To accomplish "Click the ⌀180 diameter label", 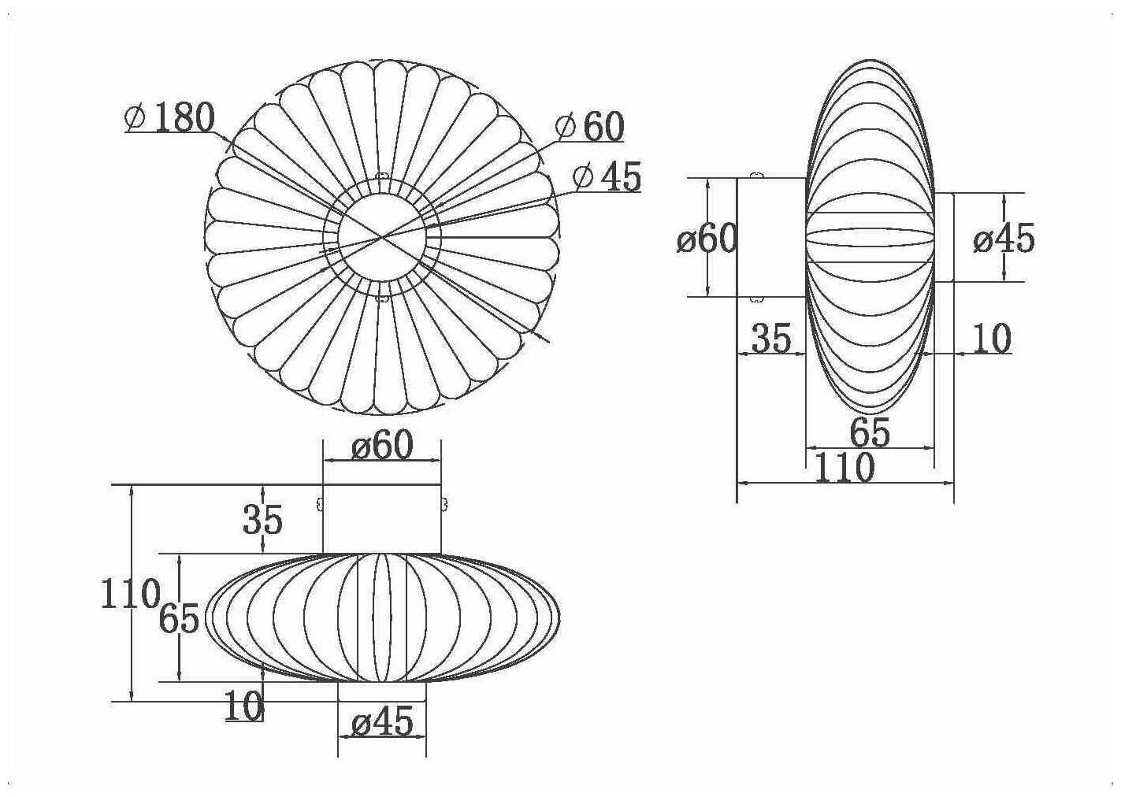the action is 170,118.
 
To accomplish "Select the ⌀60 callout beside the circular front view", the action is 590,126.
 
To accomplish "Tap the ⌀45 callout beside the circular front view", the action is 607,176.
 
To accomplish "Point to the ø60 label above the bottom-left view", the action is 382,447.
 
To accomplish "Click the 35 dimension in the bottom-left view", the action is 262,520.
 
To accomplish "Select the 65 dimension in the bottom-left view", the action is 179,619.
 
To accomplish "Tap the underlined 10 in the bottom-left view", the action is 243,706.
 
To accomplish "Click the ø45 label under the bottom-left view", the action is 382,721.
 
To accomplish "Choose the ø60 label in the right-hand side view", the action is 707,239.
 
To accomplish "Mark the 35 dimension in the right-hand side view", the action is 770,339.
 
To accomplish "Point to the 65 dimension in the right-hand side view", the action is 870,432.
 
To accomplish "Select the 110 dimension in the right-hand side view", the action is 844,469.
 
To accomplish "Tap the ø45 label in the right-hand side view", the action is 1004,239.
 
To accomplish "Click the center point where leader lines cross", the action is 383,237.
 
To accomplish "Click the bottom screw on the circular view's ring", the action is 383,298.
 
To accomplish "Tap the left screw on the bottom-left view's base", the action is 319,504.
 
